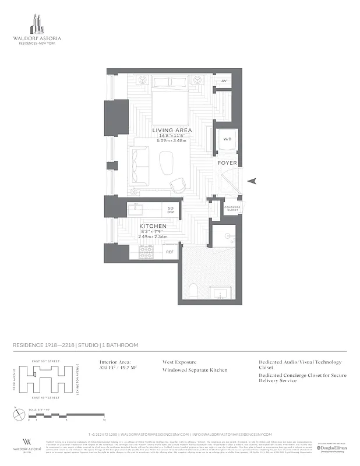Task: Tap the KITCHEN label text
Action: (153, 226)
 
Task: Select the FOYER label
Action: (227, 163)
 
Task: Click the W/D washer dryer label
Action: (226, 139)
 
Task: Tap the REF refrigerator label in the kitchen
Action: (170, 252)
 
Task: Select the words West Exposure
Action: (179, 362)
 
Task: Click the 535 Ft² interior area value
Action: (107, 369)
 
